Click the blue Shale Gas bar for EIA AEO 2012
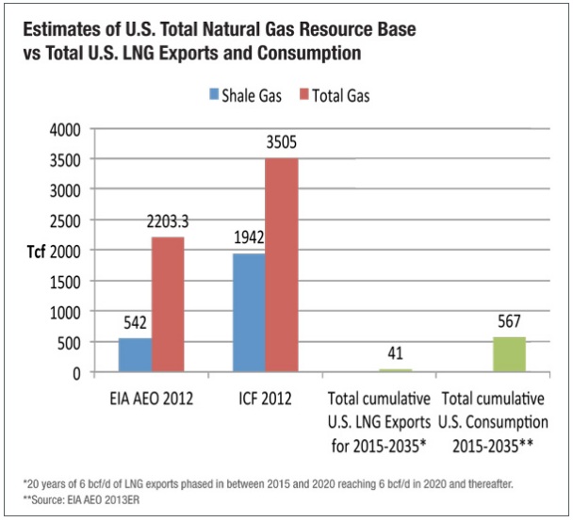tap(135, 355)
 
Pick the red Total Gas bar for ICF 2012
tap(281, 265)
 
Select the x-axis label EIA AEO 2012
tap(153, 398)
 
